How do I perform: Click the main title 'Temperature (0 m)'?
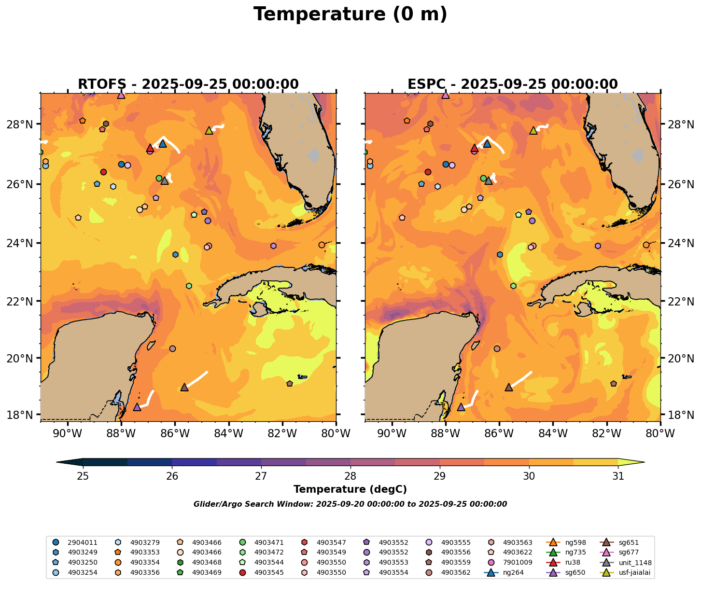click(x=350, y=14)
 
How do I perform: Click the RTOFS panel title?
click(x=188, y=84)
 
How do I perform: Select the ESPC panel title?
click(x=513, y=84)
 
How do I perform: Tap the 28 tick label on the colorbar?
click(x=350, y=476)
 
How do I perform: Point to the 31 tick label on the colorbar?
click(x=618, y=476)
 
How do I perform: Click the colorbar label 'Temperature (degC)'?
click(x=350, y=489)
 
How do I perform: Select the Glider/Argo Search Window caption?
click(x=350, y=504)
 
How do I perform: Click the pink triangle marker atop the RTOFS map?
click(x=121, y=95)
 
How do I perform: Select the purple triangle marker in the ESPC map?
click(x=461, y=407)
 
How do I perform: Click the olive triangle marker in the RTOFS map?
click(x=209, y=130)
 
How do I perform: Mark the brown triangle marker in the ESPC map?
click(x=508, y=387)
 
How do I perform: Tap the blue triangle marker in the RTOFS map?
click(x=163, y=143)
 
